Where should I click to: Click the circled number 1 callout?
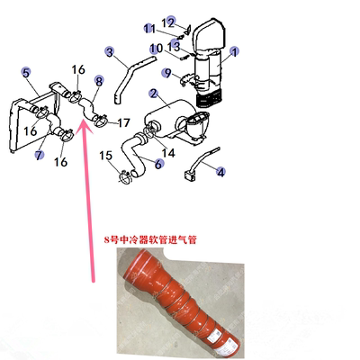(234, 52)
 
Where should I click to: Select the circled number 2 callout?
(155, 93)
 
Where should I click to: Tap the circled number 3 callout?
(110, 52)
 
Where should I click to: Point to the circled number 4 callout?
(221, 171)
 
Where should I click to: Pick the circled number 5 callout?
(27, 72)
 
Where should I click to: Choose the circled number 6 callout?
(159, 164)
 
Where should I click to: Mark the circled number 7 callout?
(40, 155)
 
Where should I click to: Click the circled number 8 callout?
(98, 81)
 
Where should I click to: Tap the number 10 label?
(155, 48)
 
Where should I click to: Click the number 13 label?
(175, 46)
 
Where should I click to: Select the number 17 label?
(123, 121)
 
